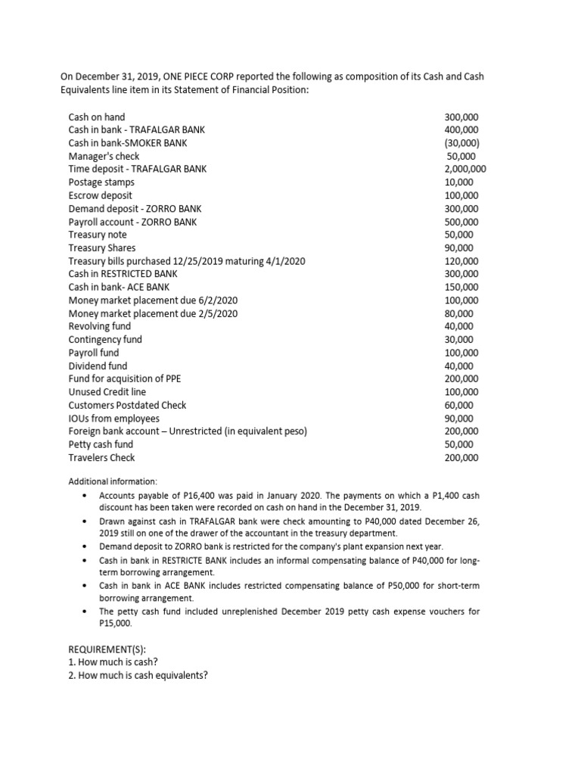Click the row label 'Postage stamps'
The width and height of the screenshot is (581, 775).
coord(101,182)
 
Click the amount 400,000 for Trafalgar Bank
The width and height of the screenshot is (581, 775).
coord(461,130)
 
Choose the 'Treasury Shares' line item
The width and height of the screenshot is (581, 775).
coord(102,247)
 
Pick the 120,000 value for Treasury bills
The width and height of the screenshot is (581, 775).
coord(461,261)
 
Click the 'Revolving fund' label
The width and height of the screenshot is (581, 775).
coord(99,326)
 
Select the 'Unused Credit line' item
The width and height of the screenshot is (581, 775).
coord(107,392)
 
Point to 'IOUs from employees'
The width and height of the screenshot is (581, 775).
coord(114,419)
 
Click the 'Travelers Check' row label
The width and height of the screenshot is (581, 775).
coord(102,458)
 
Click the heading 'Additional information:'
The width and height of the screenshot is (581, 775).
coord(113,481)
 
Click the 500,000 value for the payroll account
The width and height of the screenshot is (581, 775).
coord(461,222)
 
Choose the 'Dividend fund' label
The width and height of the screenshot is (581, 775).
coord(98,366)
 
